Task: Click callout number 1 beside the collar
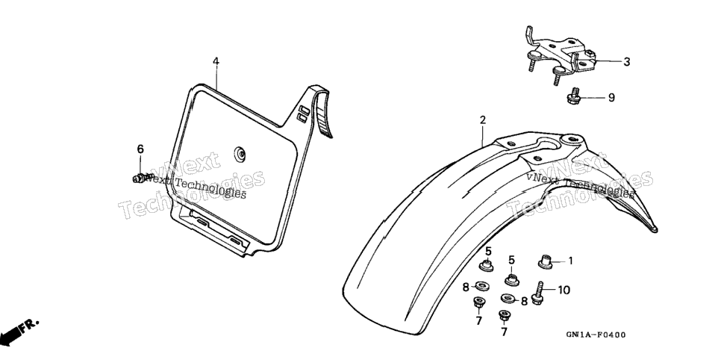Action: (x=571, y=261)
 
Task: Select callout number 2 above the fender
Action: (x=482, y=120)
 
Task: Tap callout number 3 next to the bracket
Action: (x=626, y=62)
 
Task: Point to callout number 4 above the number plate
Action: (x=216, y=61)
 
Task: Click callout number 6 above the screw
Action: (x=140, y=149)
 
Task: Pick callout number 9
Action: (x=611, y=98)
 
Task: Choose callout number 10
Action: (x=564, y=290)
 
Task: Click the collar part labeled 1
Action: (x=546, y=262)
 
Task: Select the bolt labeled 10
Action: (x=537, y=293)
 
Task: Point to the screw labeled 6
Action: (x=143, y=178)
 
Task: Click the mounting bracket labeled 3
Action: (x=560, y=56)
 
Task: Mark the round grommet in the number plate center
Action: (x=240, y=155)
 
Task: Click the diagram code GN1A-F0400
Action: (x=596, y=335)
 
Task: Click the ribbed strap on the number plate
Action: (x=321, y=112)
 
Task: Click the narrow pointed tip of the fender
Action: (x=653, y=229)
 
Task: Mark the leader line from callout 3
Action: (x=607, y=61)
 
